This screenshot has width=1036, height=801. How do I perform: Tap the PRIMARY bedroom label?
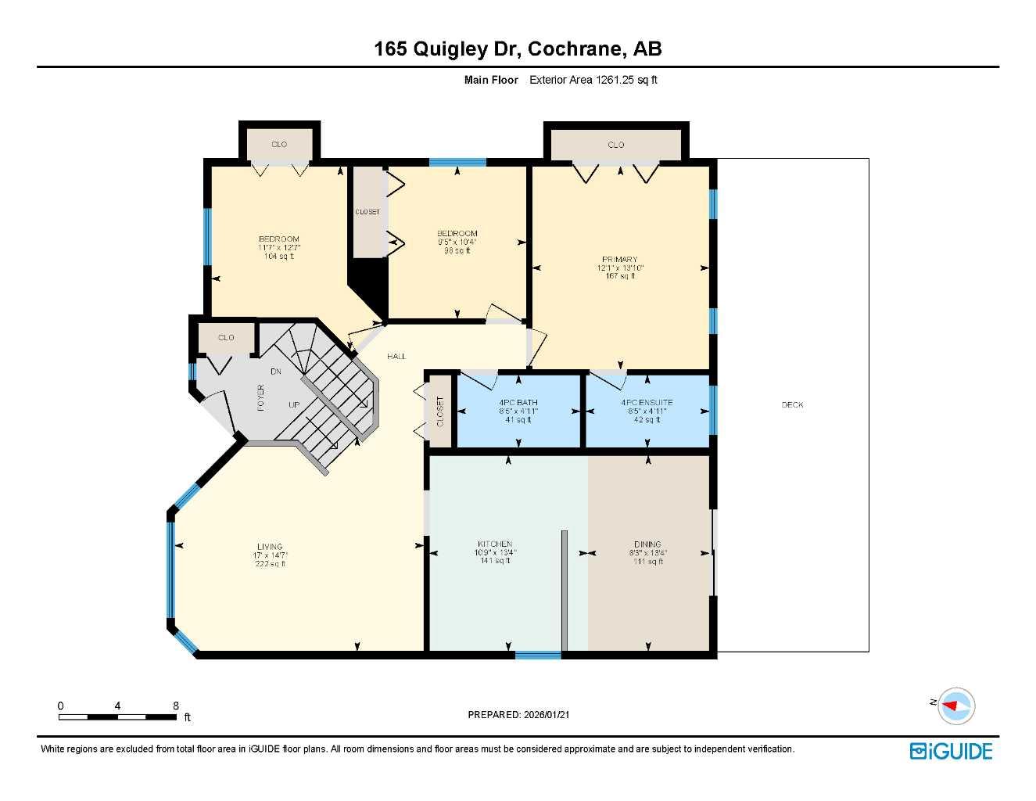619,260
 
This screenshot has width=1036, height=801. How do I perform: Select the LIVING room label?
270,547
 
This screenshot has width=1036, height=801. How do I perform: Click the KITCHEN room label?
495,544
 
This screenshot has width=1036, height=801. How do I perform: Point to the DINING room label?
647,544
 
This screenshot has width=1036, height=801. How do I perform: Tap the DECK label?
792,404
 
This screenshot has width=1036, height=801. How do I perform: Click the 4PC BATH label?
518,403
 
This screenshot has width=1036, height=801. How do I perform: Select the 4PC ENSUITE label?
647,403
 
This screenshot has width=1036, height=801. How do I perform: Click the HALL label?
396,357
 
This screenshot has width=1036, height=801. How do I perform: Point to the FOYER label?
261,397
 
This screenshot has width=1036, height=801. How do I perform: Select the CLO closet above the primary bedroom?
616,145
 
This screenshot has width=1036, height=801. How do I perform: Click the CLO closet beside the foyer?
226,338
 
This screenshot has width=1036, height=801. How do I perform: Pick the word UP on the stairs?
294,405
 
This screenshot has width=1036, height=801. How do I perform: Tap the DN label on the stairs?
276,372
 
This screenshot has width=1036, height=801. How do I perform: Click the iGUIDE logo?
951,751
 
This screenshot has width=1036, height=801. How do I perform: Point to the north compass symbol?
955,706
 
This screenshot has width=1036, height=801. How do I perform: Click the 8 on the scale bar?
176,706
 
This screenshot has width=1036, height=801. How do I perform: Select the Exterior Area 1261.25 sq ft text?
593,80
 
